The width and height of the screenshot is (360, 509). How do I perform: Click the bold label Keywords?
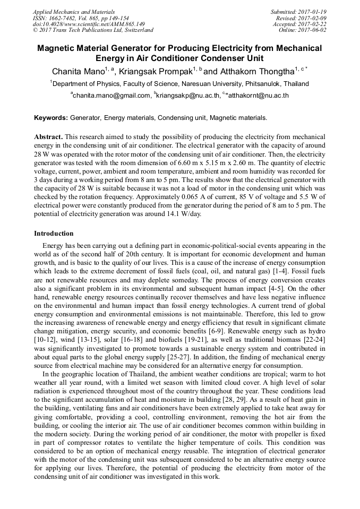pos(51,117)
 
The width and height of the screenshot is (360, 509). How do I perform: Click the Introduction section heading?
pos(54,234)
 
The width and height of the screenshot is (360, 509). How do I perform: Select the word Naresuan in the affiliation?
pos(198,84)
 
